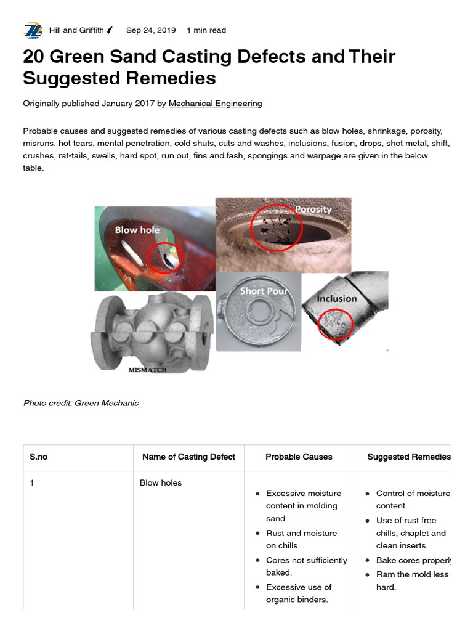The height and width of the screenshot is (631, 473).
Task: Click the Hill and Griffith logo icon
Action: coord(32,30)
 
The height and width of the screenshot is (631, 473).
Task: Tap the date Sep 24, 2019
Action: coord(150,30)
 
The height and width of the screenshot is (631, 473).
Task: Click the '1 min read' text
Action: coord(206,30)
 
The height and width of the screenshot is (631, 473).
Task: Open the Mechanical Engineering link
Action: coord(215,104)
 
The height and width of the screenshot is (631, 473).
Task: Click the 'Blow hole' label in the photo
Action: coord(137,230)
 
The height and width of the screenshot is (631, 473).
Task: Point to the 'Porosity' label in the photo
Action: coord(313,210)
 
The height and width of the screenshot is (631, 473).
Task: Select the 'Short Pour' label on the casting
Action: coord(264,291)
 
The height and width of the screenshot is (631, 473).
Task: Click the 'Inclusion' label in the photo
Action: coord(336,299)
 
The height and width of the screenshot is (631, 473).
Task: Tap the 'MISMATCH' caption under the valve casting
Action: coord(148,370)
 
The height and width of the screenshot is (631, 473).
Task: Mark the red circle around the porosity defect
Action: coord(277,228)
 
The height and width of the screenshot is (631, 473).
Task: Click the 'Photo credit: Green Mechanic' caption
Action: coord(81,403)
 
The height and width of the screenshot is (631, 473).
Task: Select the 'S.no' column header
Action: coord(38,457)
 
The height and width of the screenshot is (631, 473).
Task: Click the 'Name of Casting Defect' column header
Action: coord(188,457)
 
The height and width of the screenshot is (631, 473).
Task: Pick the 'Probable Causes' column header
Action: coord(299,457)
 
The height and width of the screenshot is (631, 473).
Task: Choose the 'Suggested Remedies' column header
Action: coord(408,457)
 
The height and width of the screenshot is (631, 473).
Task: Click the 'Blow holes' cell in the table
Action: coord(161,483)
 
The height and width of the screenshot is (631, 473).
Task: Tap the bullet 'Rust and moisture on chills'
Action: coord(301,539)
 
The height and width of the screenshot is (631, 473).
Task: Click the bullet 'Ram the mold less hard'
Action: coord(412,580)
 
